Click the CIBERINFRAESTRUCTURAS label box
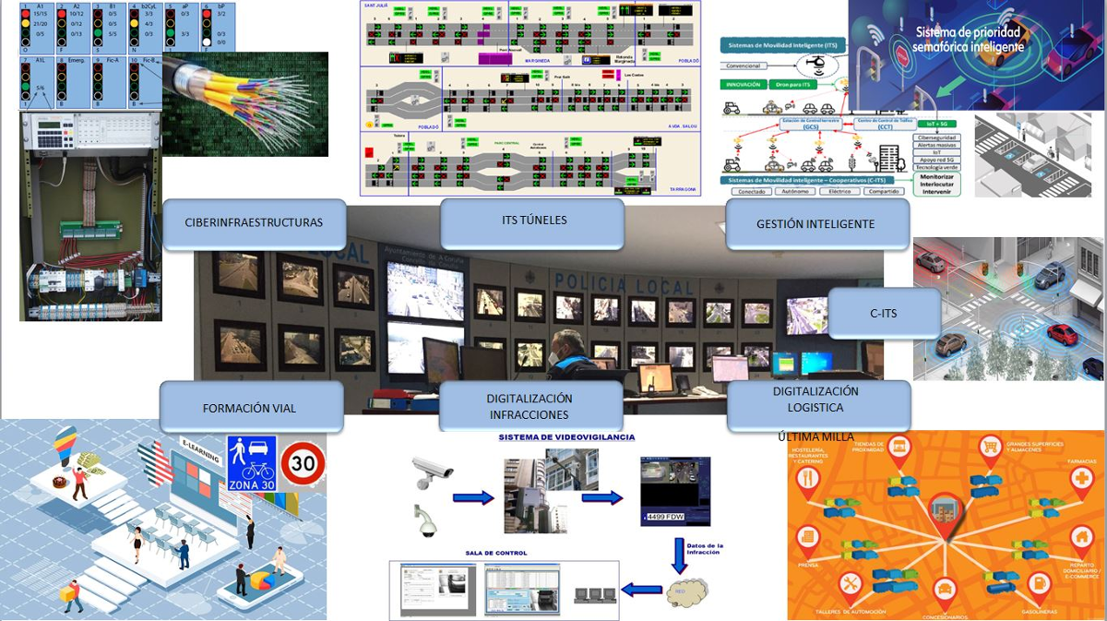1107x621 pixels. click(x=255, y=223)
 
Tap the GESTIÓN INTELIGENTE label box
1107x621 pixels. click(x=815, y=223)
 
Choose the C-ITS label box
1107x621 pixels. click(x=883, y=314)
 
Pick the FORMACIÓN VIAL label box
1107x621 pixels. click(x=249, y=408)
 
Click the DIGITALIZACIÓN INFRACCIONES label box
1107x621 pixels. click(x=530, y=406)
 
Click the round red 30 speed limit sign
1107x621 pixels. click(x=303, y=464)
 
